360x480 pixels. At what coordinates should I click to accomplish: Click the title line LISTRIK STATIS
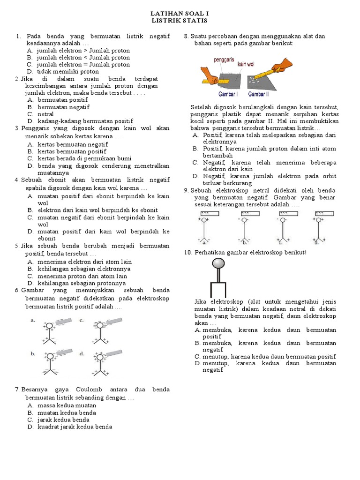coord(180,21)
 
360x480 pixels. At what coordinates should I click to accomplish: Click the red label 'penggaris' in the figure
coord(224,60)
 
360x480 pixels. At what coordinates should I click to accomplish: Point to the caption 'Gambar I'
coord(228,94)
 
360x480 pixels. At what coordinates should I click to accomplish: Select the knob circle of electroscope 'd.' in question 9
coord(320,219)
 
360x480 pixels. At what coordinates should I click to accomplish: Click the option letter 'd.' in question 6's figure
coord(82,353)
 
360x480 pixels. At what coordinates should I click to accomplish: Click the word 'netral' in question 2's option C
coord(46,114)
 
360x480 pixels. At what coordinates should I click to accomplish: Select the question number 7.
coord(17,390)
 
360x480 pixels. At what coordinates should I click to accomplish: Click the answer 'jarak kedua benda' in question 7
coord(63,420)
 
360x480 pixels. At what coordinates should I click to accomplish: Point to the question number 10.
coord(188,253)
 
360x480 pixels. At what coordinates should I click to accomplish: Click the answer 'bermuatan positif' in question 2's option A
coord(63,100)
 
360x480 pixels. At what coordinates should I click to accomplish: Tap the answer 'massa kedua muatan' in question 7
coord(67,405)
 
